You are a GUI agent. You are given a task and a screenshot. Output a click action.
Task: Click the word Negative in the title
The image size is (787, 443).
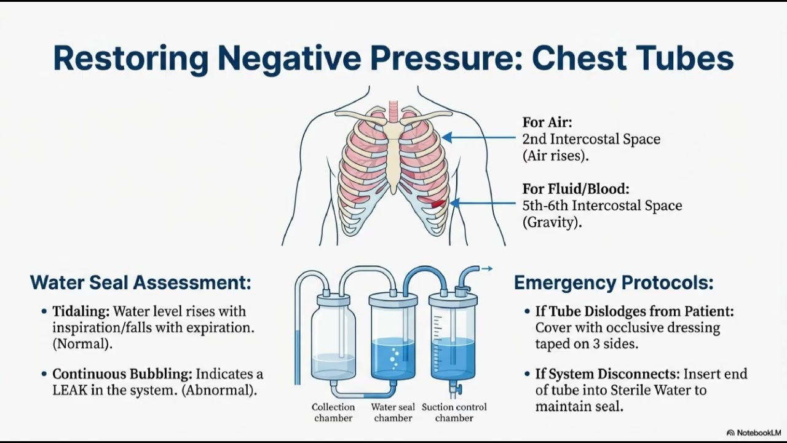pyautogui.click(x=289, y=58)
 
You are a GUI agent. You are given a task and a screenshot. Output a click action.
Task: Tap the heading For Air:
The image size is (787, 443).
pyautogui.click(x=547, y=122)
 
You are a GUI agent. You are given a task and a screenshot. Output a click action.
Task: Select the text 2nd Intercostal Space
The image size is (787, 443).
pyautogui.click(x=591, y=139)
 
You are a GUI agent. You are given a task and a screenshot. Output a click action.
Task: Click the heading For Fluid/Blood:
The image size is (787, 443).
pyautogui.click(x=575, y=189)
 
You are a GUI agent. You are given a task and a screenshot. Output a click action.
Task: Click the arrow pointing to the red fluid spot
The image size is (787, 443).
pyautogui.click(x=483, y=203)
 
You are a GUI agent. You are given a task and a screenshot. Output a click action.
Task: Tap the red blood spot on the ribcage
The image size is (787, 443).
pyautogui.click(x=438, y=203)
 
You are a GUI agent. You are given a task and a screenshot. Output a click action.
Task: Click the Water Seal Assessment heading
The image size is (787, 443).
pyautogui.click(x=141, y=282)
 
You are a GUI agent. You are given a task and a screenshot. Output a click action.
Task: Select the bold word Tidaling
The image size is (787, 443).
pyautogui.click(x=81, y=311)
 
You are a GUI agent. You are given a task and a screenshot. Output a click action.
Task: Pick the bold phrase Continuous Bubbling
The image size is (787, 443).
pyautogui.click(x=122, y=374)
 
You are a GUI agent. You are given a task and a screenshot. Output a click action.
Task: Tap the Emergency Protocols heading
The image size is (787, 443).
pyautogui.click(x=614, y=282)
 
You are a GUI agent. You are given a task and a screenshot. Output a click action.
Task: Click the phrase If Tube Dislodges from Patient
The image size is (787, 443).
pyautogui.click(x=635, y=311)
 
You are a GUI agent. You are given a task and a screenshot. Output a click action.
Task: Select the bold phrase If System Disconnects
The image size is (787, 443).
pyautogui.click(x=607, y=374)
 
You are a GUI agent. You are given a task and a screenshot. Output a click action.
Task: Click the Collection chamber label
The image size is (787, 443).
pyautogui.click(x=333, y=412)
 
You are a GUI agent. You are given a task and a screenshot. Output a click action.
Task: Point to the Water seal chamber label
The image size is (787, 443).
pyautogui.click(x=393, y=412)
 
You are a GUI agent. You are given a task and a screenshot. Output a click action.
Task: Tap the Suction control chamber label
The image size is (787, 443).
pyautogui.click(x=454, y=412)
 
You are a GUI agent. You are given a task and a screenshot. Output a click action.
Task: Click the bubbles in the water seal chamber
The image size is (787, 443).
pyautogui.click(x=394, y=358)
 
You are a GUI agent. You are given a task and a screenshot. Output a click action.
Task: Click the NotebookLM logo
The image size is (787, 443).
pyautogui.click(x=753, y=433)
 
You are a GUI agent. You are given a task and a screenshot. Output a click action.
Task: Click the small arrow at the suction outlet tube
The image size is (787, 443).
pyautogui.click(x=487, y=269)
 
